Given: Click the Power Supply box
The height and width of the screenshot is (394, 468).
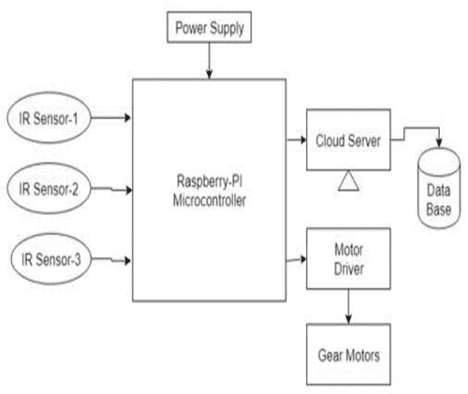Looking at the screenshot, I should [209, 28].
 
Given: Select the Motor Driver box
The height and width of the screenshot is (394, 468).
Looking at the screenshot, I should [347, 261].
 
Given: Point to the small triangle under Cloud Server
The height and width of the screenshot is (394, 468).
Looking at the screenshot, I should [346, 178].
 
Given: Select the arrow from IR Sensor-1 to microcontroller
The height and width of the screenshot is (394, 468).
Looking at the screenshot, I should [115, 119].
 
